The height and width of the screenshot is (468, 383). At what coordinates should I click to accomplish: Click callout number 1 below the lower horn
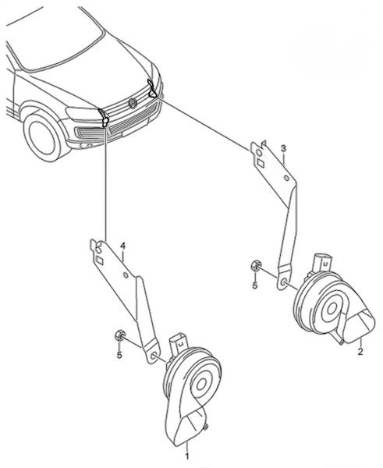pos(187,456)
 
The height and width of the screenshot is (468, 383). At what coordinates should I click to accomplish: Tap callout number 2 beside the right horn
pos(360,351)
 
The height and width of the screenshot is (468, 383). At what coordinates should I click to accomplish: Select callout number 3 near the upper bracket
pos(283,148)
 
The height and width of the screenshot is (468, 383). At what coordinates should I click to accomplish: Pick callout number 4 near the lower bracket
pos(122,246)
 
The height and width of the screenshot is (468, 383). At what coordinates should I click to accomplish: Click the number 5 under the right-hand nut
pos(254,285)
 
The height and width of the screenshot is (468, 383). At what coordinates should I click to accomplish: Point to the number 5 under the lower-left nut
pos(119,355)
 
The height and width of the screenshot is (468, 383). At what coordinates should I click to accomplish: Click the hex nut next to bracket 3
pos(257,265)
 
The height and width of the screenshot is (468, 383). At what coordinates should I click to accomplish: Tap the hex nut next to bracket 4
pos(119,335)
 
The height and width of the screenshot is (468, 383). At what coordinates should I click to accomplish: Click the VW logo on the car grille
pos(133,103)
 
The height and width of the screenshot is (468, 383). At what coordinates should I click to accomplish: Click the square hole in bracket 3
pos(260,163)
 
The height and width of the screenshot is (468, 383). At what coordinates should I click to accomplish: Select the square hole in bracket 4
pos(100,261)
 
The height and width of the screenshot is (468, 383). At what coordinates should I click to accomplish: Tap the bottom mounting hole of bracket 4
pos(153,356)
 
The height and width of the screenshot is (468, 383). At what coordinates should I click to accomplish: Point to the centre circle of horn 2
pos(332,310)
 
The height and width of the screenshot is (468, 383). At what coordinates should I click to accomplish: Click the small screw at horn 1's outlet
pos(206,427)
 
